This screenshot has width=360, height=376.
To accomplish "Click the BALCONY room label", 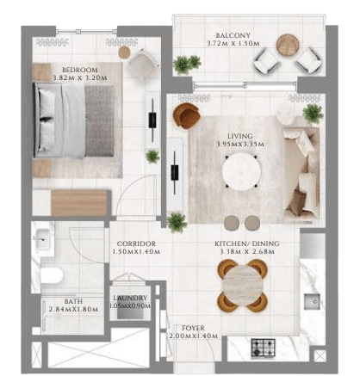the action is pos(233,35).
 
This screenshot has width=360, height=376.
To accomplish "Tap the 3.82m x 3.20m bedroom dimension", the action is pos(80,77).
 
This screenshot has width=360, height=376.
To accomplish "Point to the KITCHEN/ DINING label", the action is pos(247,243).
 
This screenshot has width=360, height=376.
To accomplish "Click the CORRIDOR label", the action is pos(136,243).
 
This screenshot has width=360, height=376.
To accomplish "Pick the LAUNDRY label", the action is pos(130,298).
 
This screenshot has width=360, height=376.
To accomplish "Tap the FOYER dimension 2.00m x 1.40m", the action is pos(193,336).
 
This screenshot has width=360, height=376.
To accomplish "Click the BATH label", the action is pos(73,301).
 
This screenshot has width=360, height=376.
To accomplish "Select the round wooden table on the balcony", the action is pos(288,45).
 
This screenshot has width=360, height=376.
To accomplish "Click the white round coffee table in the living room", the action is pos(241,171).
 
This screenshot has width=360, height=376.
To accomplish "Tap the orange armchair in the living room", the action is pos(186,116).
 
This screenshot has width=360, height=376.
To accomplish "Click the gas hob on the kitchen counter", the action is pos(263,348).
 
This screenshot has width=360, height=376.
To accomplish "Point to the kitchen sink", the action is pos(312,301).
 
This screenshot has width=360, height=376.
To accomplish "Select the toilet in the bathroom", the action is pos(52,275).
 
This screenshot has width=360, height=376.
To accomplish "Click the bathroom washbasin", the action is pos(43,238).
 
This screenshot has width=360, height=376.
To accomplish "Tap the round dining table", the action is pos(243,286).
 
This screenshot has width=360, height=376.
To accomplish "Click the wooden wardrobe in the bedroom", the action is pos(78,203).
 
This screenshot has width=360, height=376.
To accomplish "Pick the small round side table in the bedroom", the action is pos(124,52).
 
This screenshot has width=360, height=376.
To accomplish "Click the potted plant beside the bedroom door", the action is pos(152,157).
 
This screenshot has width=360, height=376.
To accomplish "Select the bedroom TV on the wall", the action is pos(152,120).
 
